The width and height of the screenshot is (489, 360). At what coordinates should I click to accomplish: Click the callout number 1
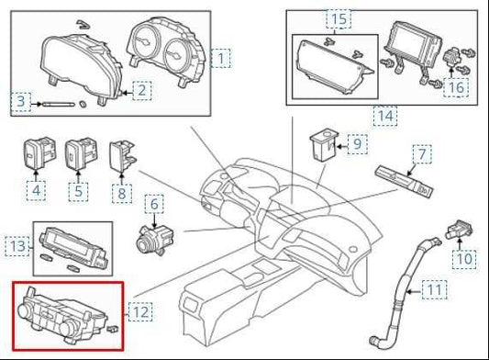click(220, 59)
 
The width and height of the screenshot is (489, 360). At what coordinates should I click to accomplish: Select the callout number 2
click(142, 91)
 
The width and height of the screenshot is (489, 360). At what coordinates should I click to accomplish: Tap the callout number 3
click(20, 101)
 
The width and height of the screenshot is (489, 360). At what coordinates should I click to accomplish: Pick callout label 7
click(422, 154)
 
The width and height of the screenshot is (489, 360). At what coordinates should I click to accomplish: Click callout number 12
click(141, 311)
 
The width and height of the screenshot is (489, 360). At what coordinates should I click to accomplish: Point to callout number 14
click(385, 116)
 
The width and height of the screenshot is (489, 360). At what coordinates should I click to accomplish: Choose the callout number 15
click(339, 18)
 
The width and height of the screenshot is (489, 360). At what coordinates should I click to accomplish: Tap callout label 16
click(456, 87)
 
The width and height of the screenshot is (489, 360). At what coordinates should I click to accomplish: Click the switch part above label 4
click(39, 153)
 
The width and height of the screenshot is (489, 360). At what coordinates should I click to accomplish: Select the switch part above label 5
click(81, 153)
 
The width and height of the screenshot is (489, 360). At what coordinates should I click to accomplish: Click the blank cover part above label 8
click(122, 156)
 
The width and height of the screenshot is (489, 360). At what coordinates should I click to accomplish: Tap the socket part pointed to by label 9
click(324, 145)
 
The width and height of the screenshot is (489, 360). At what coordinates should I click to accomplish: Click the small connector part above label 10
click(459, 230)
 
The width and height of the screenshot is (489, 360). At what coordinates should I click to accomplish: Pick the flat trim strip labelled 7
click(405, 182)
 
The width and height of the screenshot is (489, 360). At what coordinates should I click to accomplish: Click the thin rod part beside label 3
click(59, 105)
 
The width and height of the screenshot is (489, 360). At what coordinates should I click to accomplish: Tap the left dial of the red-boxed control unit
click(25, 310)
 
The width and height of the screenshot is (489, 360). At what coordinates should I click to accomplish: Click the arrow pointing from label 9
click(342, 145)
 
